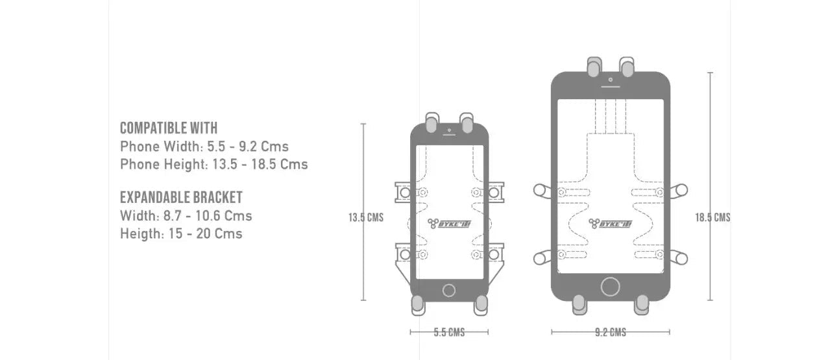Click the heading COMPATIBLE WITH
(x=169, y=128)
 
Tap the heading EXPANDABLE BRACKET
(x=181, y=197)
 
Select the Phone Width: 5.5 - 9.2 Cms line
(x=204, y=147)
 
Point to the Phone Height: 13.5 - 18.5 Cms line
(x=214, y=164)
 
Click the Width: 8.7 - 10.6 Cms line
(x=186, y=216)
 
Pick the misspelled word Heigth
(x=140, y=234)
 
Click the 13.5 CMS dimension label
(x=366, y=217)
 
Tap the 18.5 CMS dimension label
(x=713, y=217)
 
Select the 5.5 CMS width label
(x=449, y=332)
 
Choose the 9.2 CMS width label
(x=611, y=332)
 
